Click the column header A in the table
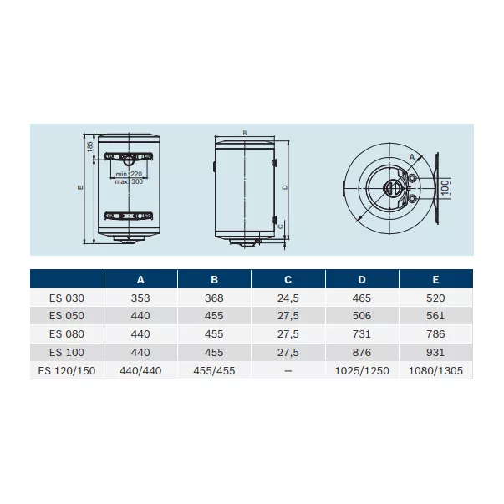click(140, 280)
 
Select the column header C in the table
click(288, 280)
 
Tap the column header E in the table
click(435, 280)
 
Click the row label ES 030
click(67, 298)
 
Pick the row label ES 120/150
click(67, 370)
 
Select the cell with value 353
click(140, 298)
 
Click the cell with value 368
click(214, 298)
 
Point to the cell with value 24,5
click(288, 298)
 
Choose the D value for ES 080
click(362, 334)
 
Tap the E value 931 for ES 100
click(435, 352)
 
